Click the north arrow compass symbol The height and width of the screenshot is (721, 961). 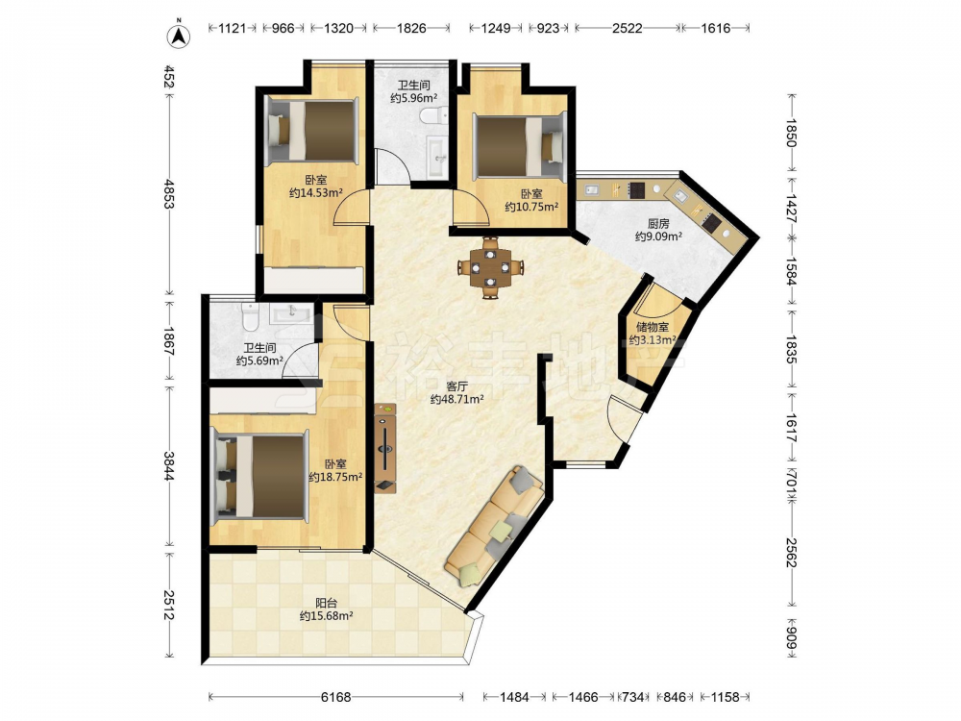179,35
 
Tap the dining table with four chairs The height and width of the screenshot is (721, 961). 490,267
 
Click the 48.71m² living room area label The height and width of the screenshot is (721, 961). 457,393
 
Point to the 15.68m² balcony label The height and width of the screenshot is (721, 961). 326,609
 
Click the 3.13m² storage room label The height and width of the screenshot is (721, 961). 653,334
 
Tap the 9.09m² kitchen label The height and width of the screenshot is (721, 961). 658,230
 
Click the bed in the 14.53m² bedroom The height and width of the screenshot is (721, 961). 312,132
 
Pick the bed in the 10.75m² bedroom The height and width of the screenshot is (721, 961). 520,146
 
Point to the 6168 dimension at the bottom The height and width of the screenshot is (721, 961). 335,697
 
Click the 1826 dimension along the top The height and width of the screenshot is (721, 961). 411,28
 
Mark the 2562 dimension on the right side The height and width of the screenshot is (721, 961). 791,553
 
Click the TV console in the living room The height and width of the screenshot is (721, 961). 385,448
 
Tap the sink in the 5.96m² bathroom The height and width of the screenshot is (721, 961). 437,157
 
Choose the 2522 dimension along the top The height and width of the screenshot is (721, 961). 628,28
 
